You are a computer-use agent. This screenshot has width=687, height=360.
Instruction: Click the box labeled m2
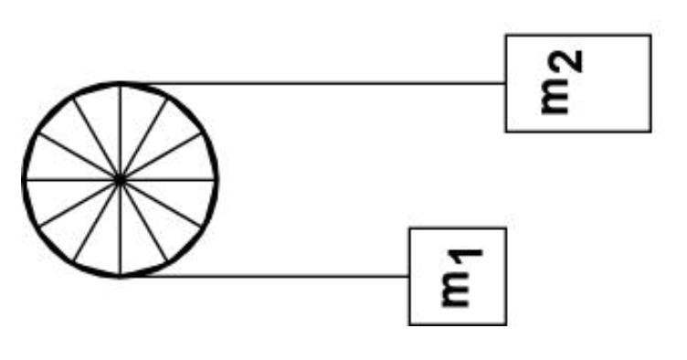coord(577,83)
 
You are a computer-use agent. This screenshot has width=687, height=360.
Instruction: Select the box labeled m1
coord(457,276)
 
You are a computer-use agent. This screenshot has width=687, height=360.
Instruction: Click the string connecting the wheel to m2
coord(320,83)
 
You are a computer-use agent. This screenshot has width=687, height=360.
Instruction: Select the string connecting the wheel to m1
coord(274,275)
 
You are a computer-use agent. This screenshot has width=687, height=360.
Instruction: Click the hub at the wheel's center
coord(120,180)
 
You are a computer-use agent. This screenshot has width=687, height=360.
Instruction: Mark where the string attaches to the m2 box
coord(505,83)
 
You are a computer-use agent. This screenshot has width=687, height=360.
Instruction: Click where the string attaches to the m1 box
coord(408,275)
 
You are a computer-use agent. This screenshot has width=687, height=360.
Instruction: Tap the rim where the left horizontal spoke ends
coord(24,180)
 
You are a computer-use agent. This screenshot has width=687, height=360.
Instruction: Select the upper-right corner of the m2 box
coord(650,35)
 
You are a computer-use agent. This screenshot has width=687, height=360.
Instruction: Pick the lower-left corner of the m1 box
coord(408,324)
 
